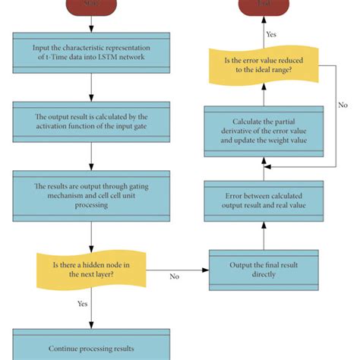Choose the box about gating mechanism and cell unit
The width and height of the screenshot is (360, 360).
pos(90,193)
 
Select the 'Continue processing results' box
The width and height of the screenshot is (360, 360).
pos(90,349)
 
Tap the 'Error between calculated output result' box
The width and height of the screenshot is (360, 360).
pos(264,200)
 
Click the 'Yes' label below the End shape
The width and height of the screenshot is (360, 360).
pos(271,33)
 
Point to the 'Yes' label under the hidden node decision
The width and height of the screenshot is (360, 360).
pos(81,304)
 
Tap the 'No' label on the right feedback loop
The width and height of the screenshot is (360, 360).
pos(343,106)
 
